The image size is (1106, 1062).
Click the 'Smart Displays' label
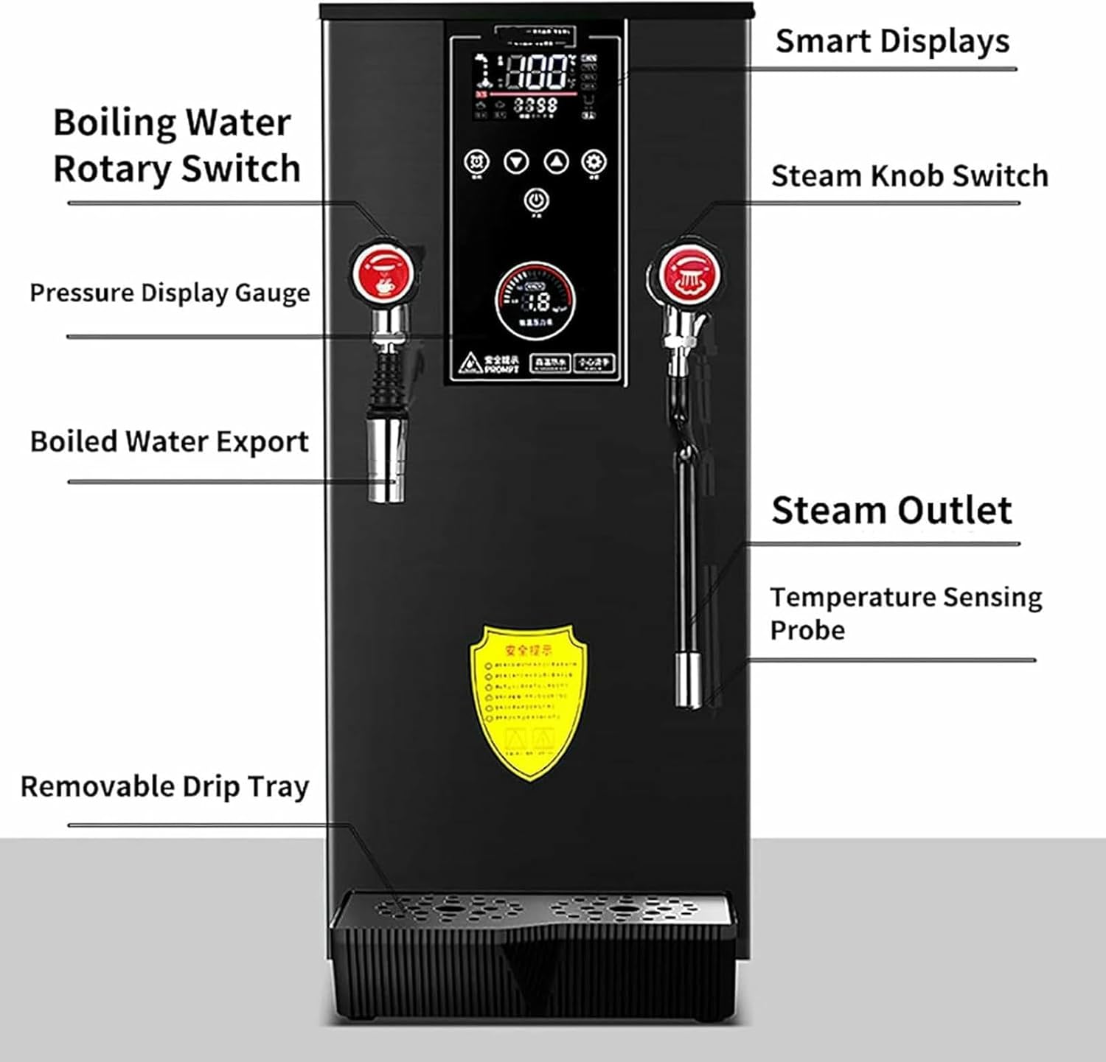892,41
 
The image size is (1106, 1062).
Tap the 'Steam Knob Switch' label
909,176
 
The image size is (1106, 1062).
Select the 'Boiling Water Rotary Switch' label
176,145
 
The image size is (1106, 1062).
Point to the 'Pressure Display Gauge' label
170,293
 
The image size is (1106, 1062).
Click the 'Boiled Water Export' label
169,441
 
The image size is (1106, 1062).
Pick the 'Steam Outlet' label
891,510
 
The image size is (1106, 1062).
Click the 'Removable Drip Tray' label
164,786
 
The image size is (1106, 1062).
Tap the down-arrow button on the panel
516,162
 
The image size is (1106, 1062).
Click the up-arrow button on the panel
556,162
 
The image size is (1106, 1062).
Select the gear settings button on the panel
594,162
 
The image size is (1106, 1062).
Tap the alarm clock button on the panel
477,162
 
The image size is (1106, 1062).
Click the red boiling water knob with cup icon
383,271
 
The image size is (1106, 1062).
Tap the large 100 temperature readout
536,72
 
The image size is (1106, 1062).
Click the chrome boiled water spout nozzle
386,461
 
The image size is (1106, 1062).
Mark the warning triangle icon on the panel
469,363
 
